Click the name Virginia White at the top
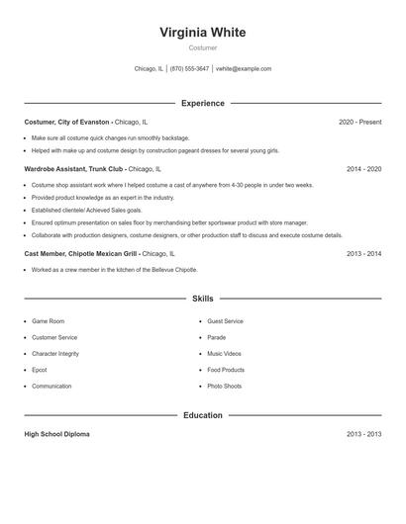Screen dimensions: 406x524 [x=202, y=33]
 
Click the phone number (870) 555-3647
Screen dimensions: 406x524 [x=189, y=69]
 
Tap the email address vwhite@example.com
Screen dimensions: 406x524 [x=244, y=69]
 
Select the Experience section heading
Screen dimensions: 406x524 [x=202, y=103]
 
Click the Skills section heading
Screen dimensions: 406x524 [x=202, y=299]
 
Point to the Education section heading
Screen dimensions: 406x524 [x=202, y=415]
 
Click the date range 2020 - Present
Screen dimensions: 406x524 [x=359, y=122]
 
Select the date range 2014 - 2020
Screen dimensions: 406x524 [x=363, y=169]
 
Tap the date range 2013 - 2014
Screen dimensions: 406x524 [x=363, y=253]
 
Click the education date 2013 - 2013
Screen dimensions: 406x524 [x=363, y=434]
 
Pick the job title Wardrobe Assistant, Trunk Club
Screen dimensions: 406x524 [x=74, y=169]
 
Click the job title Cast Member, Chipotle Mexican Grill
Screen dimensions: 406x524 [x=81, y=253]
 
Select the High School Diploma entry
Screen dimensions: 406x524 [x=57, y=434]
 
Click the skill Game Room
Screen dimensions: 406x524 [x=48, y=321]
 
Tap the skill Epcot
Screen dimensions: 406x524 [x=40, y=370]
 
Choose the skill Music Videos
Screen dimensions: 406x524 [x=224, y=354]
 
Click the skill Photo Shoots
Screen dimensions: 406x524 [x=224, y=387]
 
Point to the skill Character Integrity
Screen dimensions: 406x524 [x=55, y=354]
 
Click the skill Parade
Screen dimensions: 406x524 [x=217, y=337]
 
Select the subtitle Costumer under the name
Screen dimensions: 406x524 [x=202, y=47]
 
